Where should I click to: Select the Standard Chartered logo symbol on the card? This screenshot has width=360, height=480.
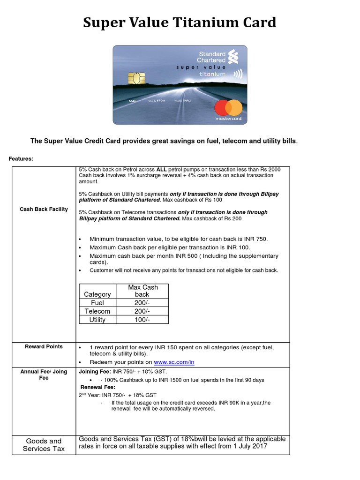coord(233,57)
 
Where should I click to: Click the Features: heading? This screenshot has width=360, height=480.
coord(21,159)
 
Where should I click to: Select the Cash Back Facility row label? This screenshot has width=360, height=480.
coord(44,209)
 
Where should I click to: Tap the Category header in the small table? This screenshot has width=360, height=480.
coord(97,294)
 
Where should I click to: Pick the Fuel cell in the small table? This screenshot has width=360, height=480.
coord(97,303)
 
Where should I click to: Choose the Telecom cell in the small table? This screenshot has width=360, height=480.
coord(97,311)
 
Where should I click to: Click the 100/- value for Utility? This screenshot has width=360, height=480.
coord(142,320)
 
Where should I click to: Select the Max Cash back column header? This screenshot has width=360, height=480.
coord(142,291)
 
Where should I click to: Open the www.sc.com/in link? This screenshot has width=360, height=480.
coord(174,362)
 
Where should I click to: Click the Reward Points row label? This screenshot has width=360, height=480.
coord(44,346)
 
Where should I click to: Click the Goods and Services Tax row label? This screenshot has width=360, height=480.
coord(44,444)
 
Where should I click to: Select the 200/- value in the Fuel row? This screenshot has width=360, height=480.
coord(142,303)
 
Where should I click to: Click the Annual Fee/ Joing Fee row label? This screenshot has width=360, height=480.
coord(44,375)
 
